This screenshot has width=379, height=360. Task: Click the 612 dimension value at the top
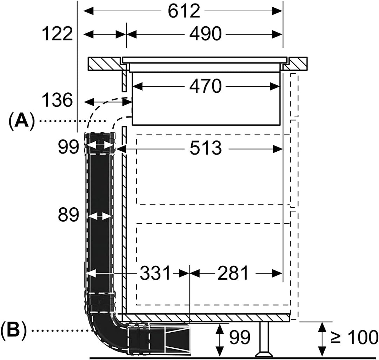point(184,11)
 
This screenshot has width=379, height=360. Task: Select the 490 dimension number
point(205,34)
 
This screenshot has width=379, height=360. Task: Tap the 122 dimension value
point(57,34)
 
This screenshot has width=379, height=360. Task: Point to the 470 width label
point(205,86)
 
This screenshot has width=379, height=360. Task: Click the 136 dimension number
point(57,101)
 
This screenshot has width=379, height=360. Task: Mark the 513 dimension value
point(206,149)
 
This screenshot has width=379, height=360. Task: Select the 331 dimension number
point(155,273)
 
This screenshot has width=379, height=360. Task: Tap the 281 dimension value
point(233,273)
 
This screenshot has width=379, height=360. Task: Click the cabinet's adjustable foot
point(264,339)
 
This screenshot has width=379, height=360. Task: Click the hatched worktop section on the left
point(104,64)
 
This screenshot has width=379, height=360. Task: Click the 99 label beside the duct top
point(69,148)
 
